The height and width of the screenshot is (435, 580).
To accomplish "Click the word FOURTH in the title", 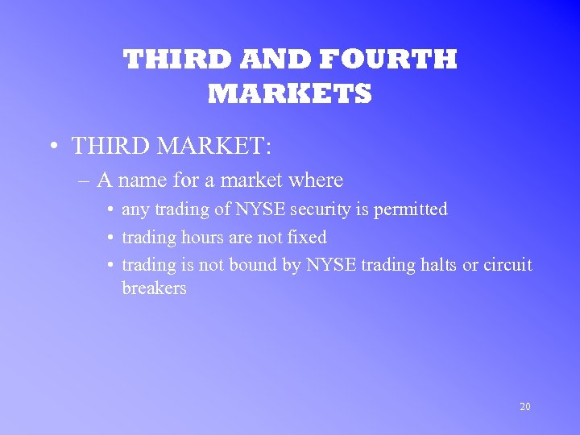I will [389, 60].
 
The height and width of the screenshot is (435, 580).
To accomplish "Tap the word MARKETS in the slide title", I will [290, 94].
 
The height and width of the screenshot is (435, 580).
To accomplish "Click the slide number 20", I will [524, 407].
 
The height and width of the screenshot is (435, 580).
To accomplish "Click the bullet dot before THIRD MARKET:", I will [52, 147].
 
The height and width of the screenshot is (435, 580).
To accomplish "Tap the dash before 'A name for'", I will [85, 180].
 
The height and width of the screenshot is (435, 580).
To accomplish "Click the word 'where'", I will [315, 180].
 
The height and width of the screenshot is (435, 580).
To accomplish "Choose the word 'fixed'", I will [307, 237].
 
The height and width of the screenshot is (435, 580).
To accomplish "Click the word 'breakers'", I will [154, 288].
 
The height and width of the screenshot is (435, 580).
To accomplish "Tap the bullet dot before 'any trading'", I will [109, 210].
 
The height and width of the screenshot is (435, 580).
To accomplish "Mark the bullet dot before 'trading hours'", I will [109, 238].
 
